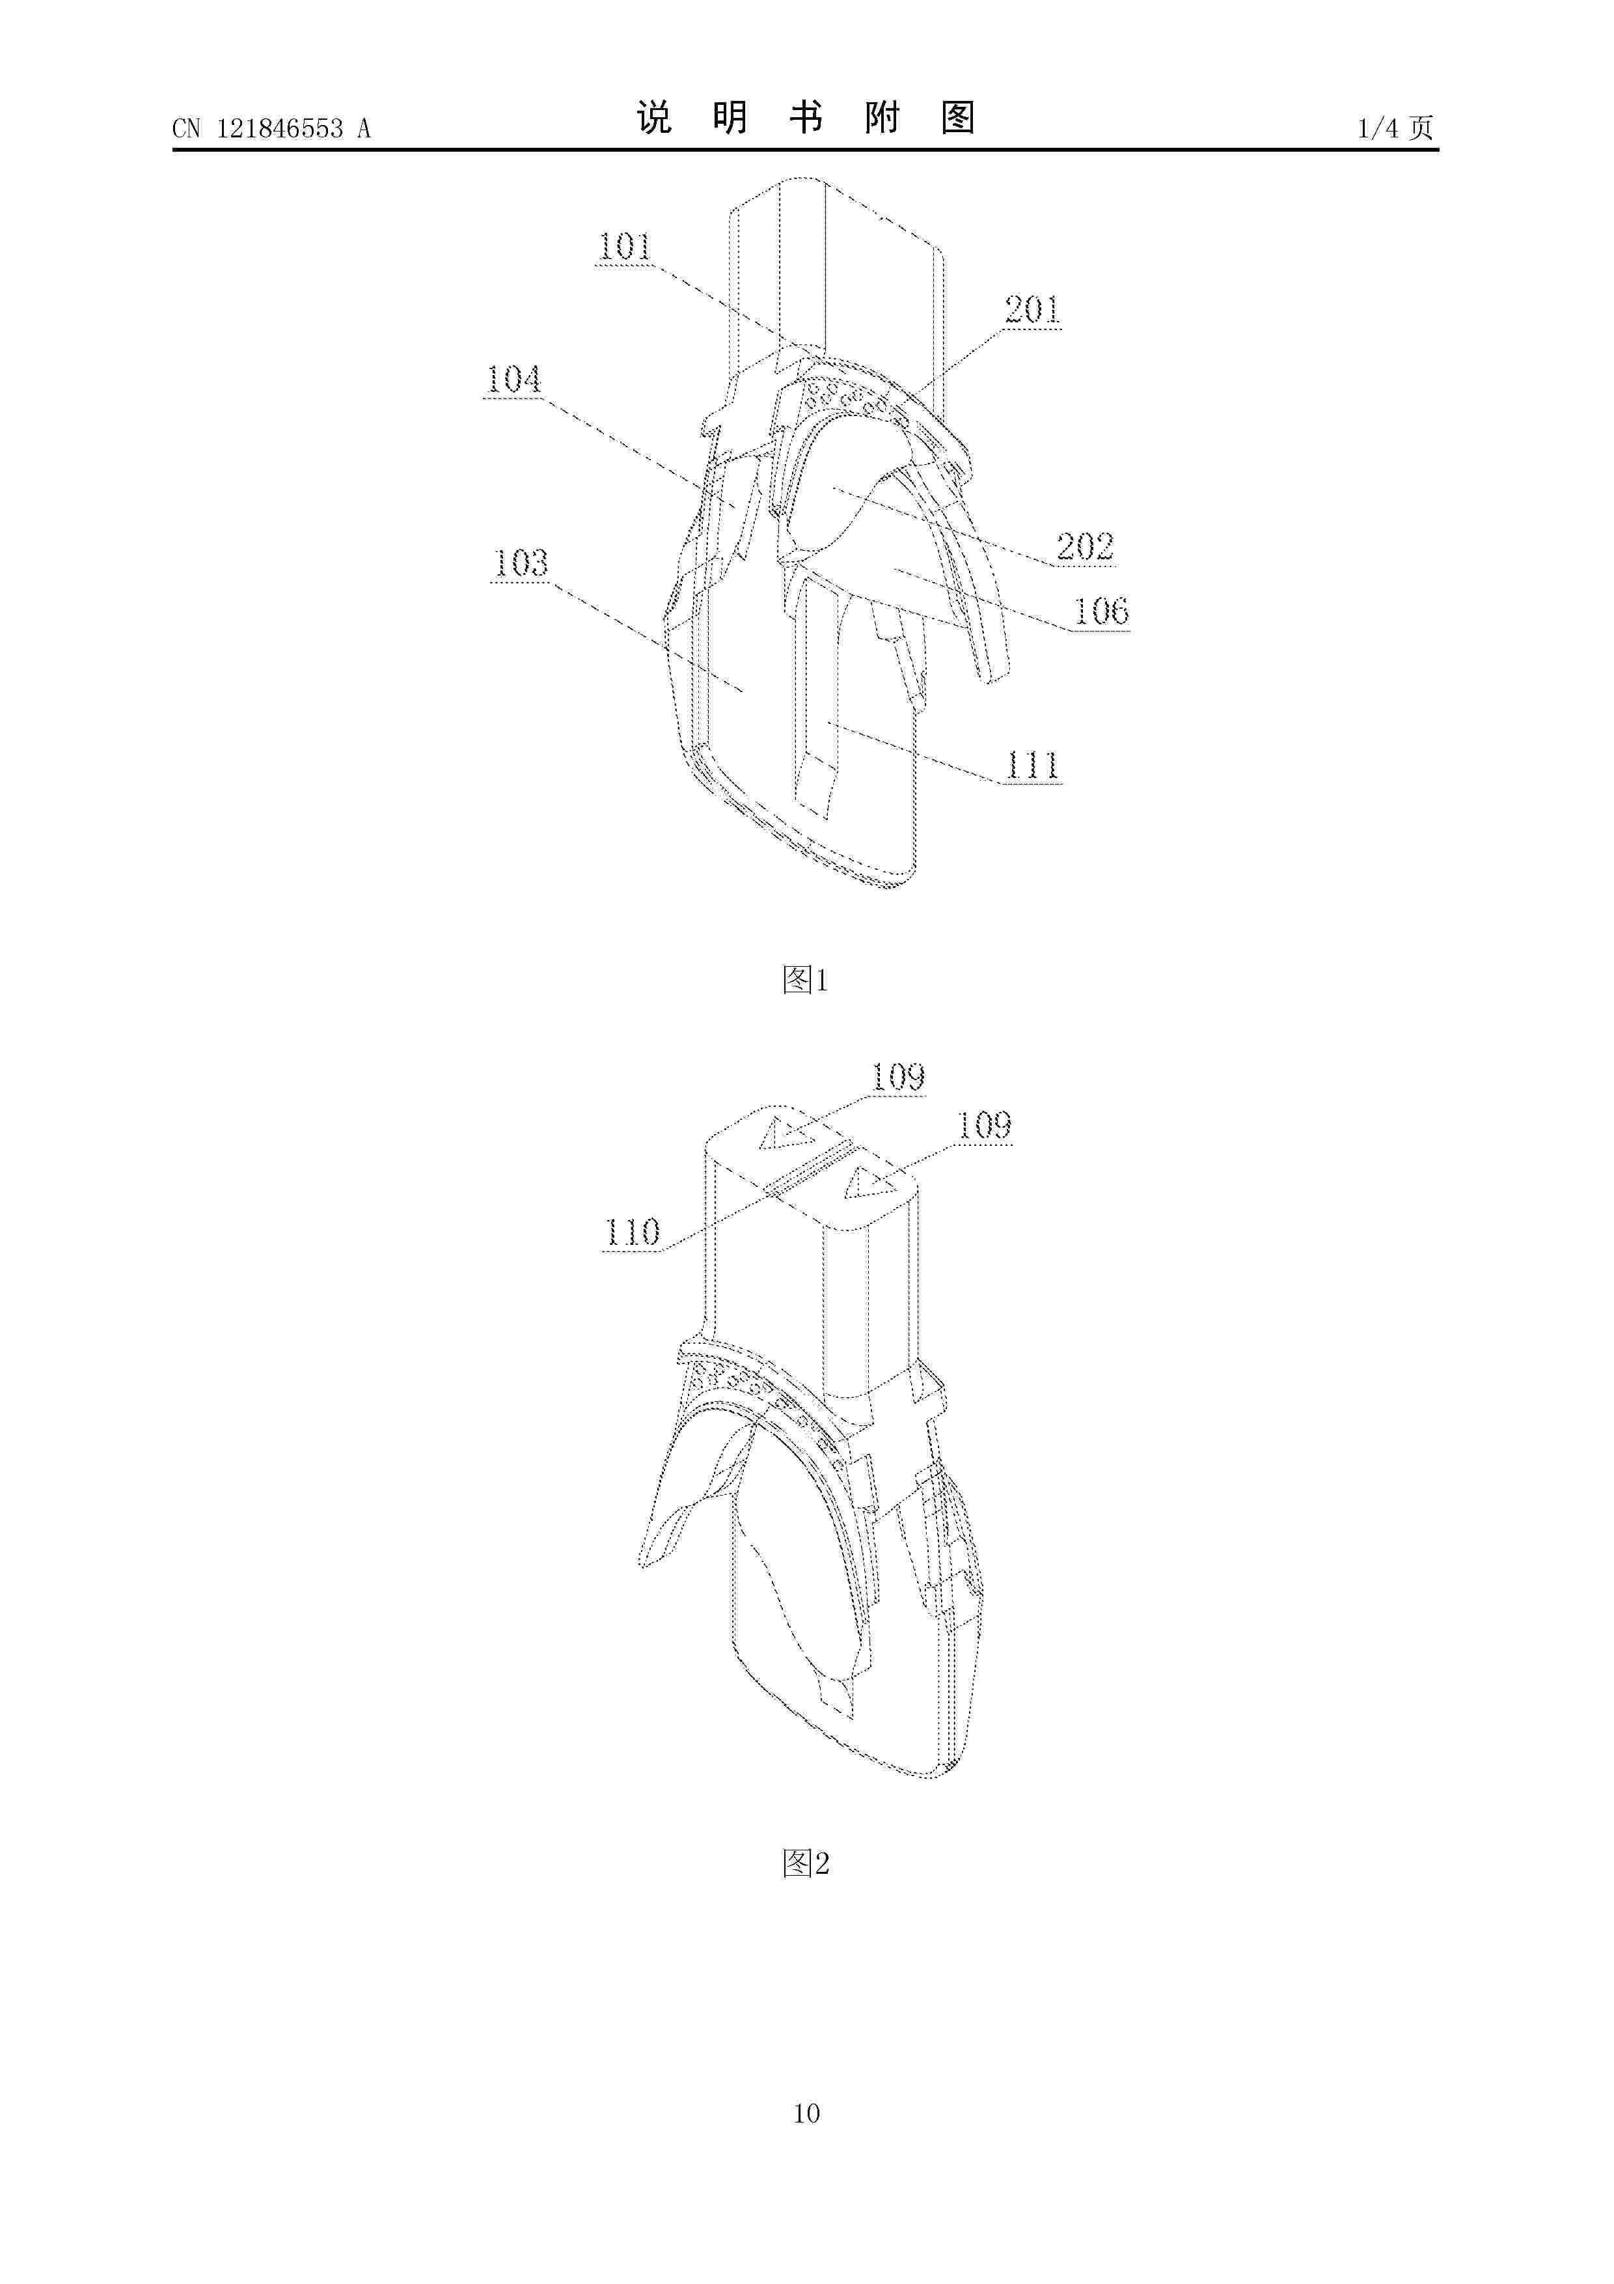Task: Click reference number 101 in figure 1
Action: pyautogui.click(x=625, y=247)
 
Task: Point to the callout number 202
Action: pyautogui.click(x=1085, y=546)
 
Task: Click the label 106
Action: pyautogui.click(x=1102, y=611)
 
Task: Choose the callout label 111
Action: pyautogui.click(x=1032, y=765)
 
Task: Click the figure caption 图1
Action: pyautogui.click(x=806, y=980)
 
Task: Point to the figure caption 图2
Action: pyautogui.click(x=806, y=1863)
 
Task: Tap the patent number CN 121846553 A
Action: pyautogui.click(x=271, y=128)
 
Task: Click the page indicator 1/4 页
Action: pyautogui.click(x=1396, y=128)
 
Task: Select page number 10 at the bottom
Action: pyautogui.click(x=806, y=2141)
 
